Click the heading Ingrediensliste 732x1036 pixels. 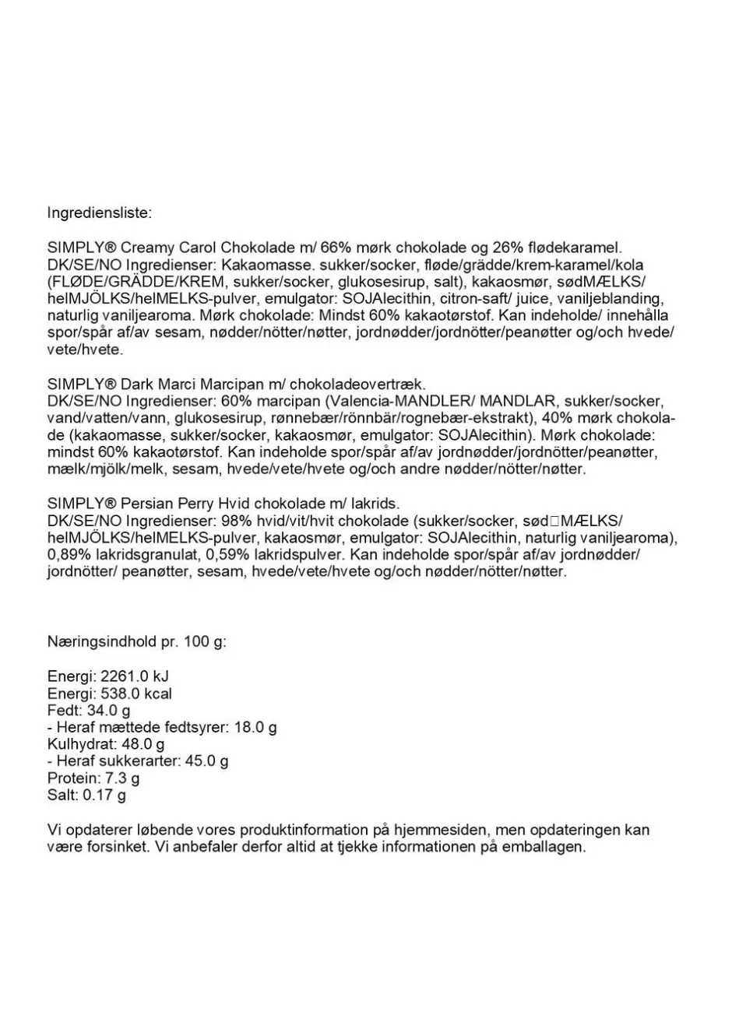coord(100,212)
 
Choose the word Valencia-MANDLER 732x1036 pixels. coord(399,401)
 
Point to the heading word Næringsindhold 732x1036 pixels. coord(102,642)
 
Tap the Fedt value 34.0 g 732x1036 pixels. coord(108,711)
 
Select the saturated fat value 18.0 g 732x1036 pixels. coord(255,728)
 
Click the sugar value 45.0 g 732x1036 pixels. coord(206,761)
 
